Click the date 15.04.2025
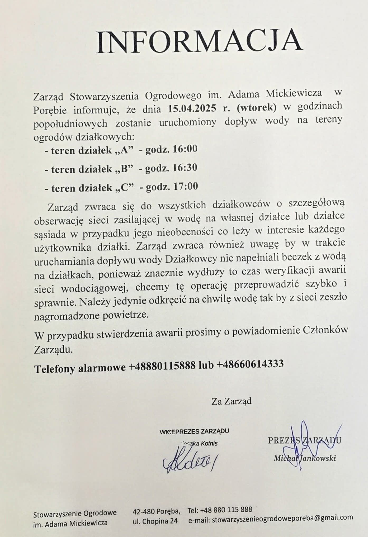192,108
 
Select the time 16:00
185,149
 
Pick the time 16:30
185,168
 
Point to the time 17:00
185,187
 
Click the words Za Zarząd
231,401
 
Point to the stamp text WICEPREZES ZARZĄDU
194,431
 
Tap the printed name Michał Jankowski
305,458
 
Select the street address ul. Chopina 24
155,521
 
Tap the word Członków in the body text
325,331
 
